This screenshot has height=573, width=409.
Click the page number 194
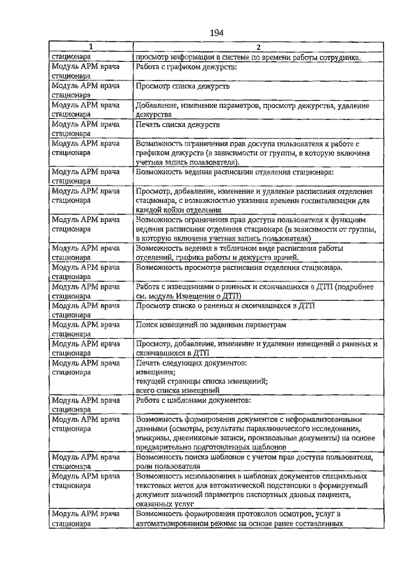tap(215, 33)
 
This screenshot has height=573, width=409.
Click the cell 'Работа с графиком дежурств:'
tap(187, 66)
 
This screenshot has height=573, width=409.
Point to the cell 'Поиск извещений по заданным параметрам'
tap(211, 325)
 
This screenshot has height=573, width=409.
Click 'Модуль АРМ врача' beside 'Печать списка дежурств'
tap(86, 124)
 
